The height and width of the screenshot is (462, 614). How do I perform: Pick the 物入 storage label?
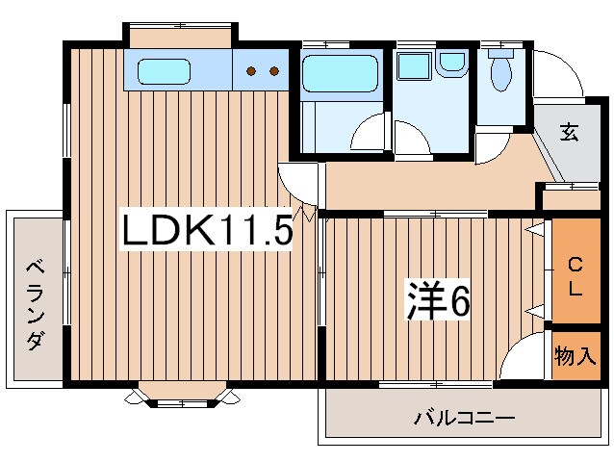575,357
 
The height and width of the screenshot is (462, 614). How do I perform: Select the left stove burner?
252,70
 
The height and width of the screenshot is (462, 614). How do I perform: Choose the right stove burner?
274,70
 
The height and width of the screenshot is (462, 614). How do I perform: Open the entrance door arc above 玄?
553,72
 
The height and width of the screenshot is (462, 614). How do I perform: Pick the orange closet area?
575,274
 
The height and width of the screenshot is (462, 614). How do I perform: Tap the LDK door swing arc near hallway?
298,182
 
